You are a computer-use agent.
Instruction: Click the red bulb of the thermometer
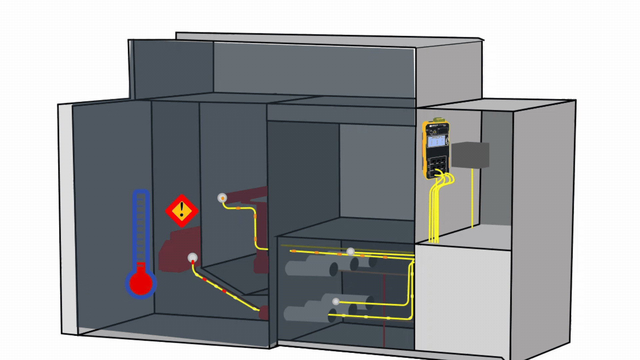[141, 283]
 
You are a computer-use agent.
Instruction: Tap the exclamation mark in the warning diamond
[182, 210]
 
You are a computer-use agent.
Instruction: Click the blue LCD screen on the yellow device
[435, 141]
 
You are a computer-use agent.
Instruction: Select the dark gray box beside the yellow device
[470, 155]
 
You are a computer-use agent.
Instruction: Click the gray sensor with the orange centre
[222, 198]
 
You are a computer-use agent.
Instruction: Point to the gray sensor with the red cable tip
[193, 258]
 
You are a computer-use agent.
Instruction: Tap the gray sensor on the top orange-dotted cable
[350, 252]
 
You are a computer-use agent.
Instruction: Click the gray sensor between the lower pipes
[336, 302]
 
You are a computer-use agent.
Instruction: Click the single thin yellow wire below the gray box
[472, 200]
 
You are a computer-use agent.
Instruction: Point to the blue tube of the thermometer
[141, 227]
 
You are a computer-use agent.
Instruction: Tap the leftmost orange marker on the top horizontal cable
[294, 251]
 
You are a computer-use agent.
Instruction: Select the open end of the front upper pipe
[333, 269]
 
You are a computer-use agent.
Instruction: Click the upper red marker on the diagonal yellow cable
[204, 279]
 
